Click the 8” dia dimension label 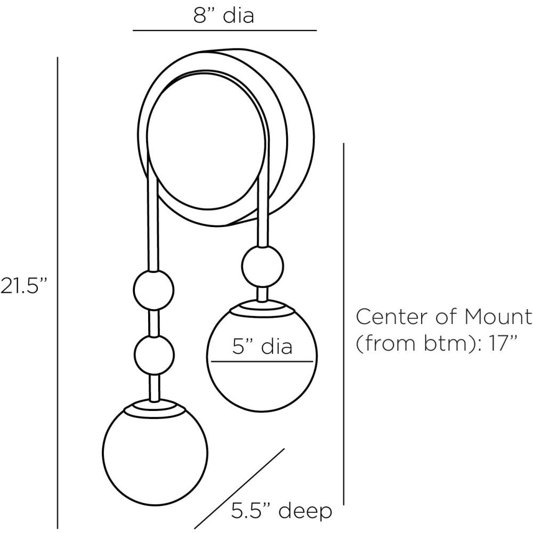[224, 15]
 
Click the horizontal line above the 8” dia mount [224, 30]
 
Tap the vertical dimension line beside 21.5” [58, 293]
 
